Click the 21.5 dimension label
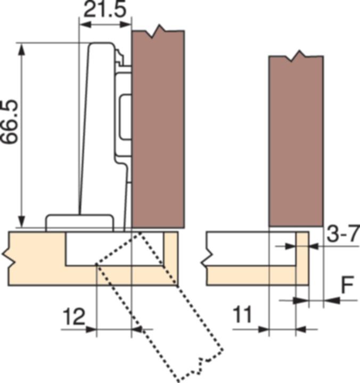(104, 11)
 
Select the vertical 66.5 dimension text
(9, 122)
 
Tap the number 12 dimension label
(74, 318)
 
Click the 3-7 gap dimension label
(342, 234)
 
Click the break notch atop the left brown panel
(157, 33)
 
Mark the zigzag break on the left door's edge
(10, 258)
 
